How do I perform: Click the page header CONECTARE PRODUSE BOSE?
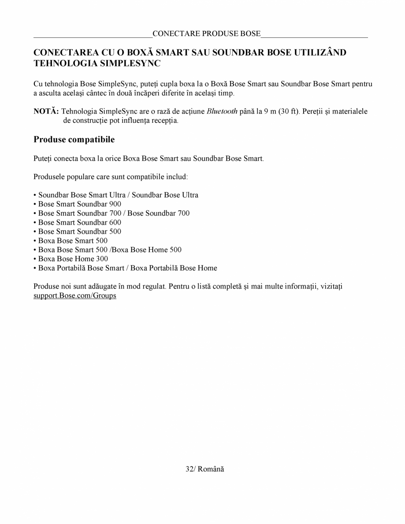click(x=206, y=34)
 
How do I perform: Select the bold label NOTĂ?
click(x=46, y=111)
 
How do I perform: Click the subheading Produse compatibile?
click(x=74, y=140)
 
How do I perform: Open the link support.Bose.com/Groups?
click(x=75, y=296)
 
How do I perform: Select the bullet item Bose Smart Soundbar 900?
click(x=79, y=204)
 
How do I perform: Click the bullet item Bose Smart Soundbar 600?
click(x=79, y=222)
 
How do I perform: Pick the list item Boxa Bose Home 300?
click(x=73, y=259)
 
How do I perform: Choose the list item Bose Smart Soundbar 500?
click(x=79, y=232)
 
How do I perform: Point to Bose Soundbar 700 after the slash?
click(x=159, y=213)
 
